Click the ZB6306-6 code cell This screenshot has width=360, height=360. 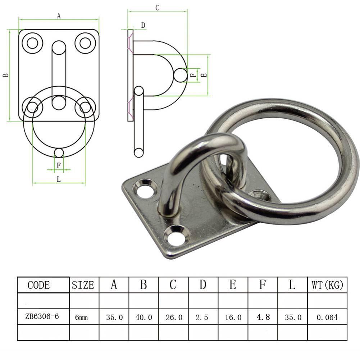(42, 317)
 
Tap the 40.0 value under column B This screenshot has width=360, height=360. (143, 318)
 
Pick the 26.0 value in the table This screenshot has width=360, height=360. (173, 318)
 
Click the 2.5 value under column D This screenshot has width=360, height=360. (203, 318)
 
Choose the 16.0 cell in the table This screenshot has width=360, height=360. (233, 318)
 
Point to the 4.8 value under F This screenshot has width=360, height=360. (263, 317)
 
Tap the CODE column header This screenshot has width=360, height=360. (39, 286)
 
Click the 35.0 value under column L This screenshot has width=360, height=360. (292, 318)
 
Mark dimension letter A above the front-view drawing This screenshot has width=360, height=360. (59, 15)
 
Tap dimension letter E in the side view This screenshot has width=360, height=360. (204, 75)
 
